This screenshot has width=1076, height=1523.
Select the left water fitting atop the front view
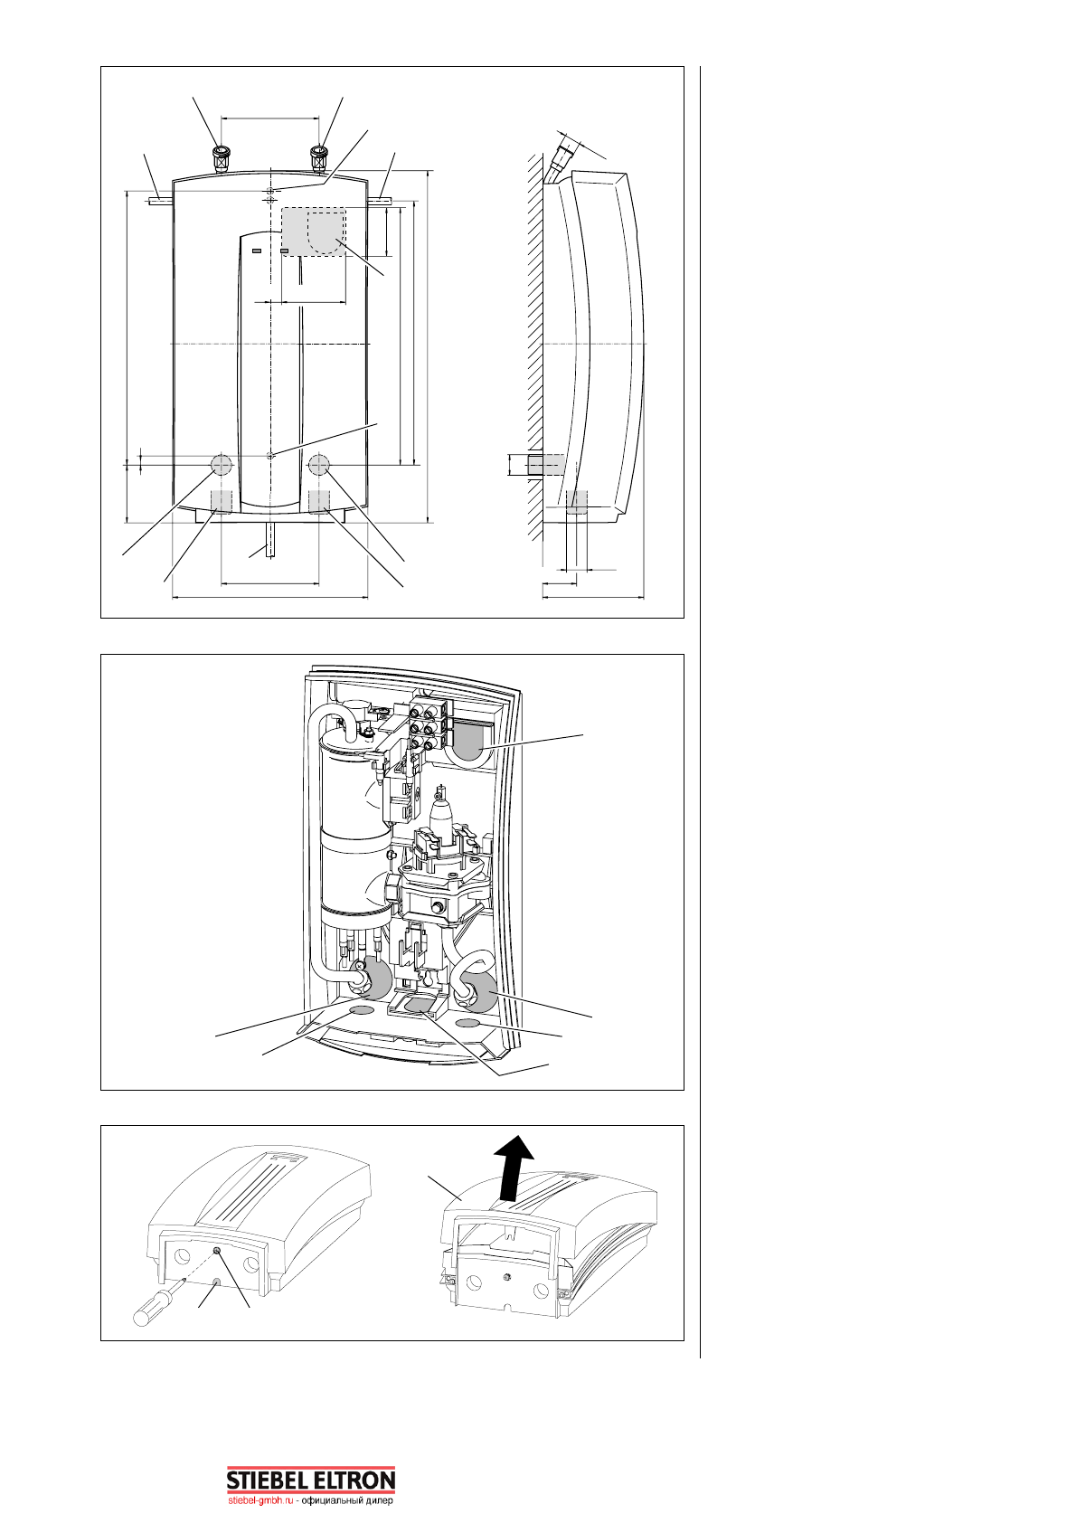(219, 158)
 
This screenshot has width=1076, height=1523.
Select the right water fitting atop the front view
(319, 158)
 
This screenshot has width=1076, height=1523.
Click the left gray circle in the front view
(221, 465)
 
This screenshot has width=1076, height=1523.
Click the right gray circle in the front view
(319, 465)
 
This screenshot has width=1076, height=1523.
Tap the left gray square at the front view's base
(221, 501)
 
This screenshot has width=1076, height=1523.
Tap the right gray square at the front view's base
(319, 501)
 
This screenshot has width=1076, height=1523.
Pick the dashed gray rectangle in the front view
(313, 232)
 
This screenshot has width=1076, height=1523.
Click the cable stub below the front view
(269, 542)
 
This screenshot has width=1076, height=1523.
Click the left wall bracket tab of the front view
(159, 201)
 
